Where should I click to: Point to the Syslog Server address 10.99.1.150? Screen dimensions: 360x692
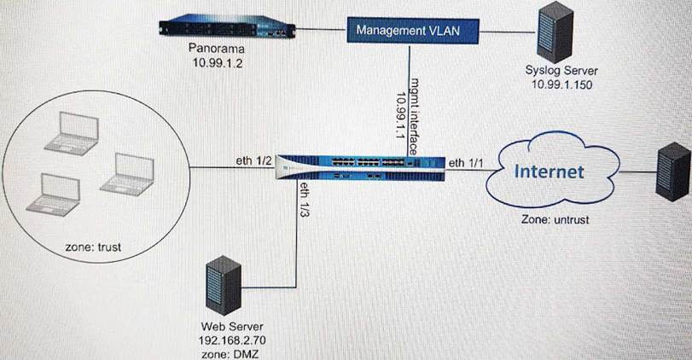pyautogui.click(x=560, y=86)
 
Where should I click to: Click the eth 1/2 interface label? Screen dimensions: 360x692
pyautogui.click(x=254, y=160)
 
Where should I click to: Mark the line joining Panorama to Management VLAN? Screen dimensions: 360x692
pyautogui.click(x=325, y=32)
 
